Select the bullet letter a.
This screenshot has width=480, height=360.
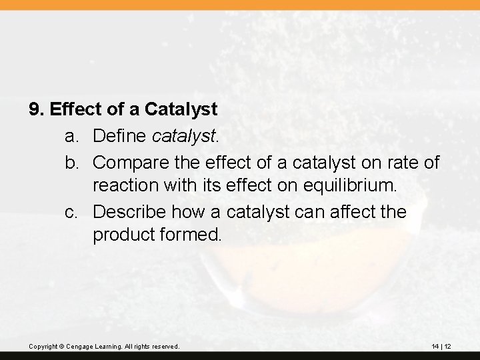[71, 137]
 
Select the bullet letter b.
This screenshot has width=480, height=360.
[71, 162]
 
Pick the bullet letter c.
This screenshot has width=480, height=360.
[71, 212]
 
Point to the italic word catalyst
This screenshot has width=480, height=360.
[185, 137]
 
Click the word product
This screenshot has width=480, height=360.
[121, 237]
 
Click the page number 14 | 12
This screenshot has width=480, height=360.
[441, 346]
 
